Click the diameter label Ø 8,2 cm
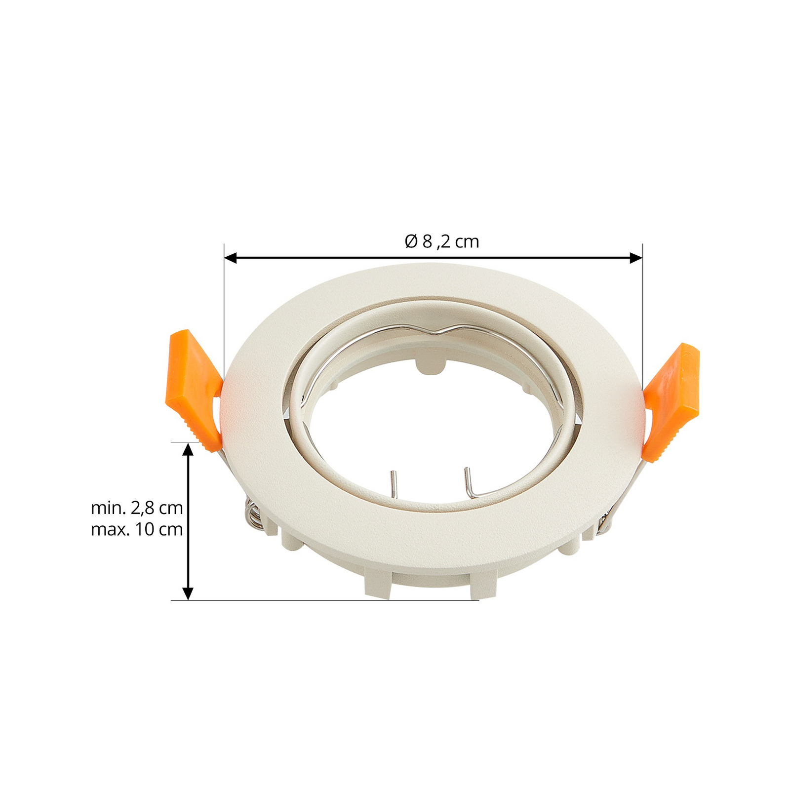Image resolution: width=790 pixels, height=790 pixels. (x=441, y=241)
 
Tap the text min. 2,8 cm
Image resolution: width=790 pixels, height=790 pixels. (x=137, y=508)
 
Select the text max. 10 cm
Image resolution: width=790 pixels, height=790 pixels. (x=137, y=529)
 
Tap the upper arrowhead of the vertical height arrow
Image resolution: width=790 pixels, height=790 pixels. (x=188, y=449)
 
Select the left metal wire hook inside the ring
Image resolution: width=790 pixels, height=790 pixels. (x=393, y=484)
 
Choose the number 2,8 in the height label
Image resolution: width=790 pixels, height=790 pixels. (x=143, y=508)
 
